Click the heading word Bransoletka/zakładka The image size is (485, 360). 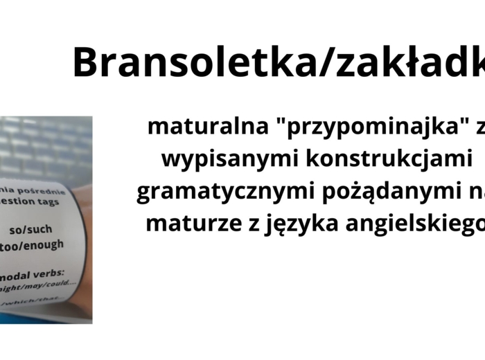(x=278, y=63)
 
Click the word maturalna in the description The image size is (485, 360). (x=193, y=127)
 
